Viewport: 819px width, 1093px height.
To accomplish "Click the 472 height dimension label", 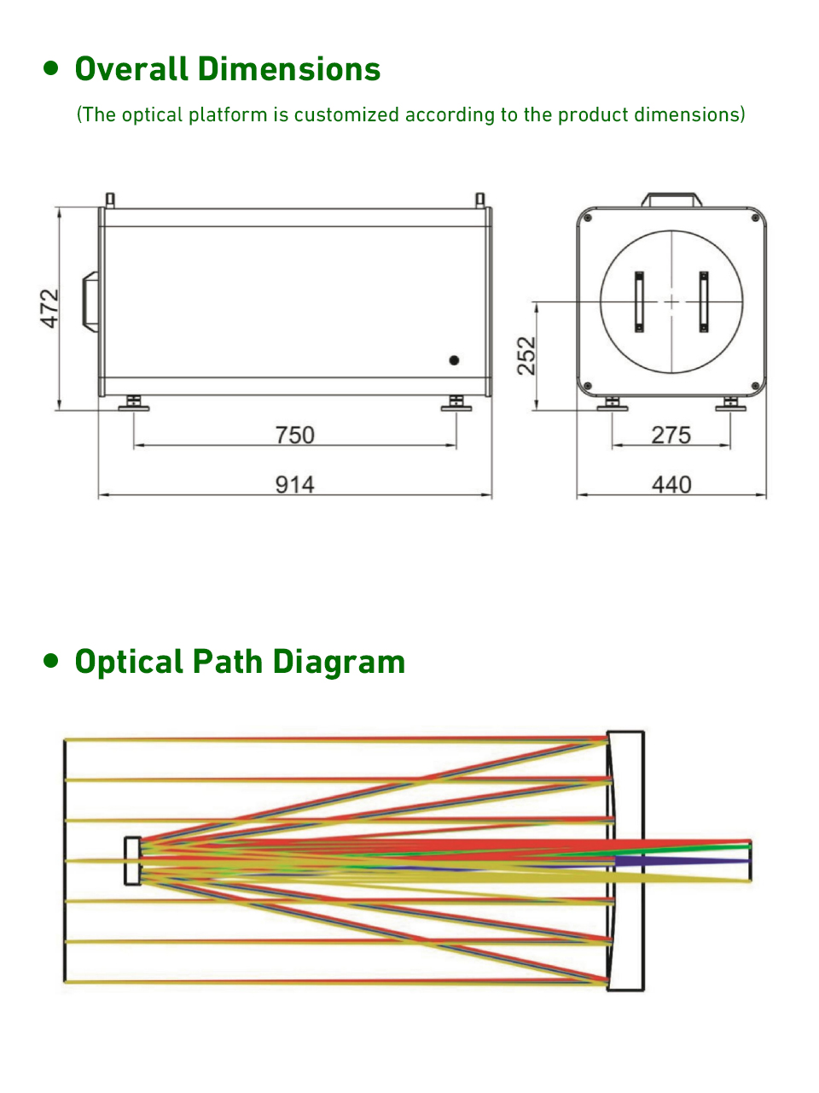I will [50, 308].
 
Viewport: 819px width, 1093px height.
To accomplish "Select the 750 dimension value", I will [294, 435].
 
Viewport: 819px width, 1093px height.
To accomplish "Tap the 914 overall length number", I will [294, 484].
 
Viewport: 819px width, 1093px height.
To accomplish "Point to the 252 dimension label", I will [527, 356].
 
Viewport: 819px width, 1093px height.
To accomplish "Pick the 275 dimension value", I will [671, 435].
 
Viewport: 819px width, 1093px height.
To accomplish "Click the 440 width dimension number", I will [671, 484].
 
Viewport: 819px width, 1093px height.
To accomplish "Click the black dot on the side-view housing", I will [454, 360].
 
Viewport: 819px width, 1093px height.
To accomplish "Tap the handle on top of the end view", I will [672, 200].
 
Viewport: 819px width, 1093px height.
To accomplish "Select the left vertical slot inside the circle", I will [639, 301].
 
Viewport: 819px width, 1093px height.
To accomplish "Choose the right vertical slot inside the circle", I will [704, 301].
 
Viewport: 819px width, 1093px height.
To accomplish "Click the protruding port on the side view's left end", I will [90, 300].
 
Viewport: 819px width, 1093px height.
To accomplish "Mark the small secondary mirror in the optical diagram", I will [132, 861].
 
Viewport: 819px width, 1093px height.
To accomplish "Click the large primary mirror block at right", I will [625, 861].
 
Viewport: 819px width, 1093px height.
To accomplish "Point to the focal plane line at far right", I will [751, 861].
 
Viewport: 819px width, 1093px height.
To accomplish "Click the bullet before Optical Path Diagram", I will [52, 661].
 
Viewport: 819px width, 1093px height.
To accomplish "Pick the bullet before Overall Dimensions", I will [52, 68].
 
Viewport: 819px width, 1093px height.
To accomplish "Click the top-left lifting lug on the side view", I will [110, 200].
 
